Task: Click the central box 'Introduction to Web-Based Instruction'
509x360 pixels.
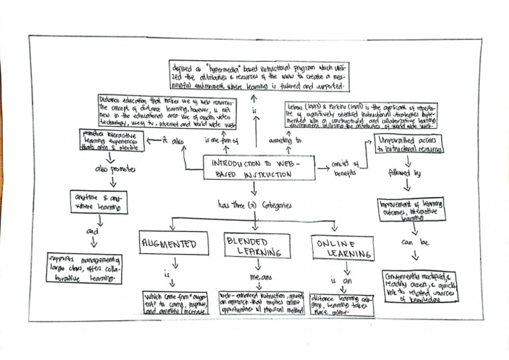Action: tap(259, 168)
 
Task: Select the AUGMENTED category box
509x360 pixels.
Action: tap(169, 244)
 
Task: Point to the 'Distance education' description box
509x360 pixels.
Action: tap(166, 112)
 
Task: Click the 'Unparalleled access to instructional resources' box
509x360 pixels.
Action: tap(410, 145)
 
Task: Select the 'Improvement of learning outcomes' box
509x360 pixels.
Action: tap(412, 209)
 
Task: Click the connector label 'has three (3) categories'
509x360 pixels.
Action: tap(254, 206)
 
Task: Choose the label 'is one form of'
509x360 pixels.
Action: tap(221, 141)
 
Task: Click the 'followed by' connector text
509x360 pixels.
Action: tap(408, 174)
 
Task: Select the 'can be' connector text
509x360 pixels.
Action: tap(416, 243)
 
